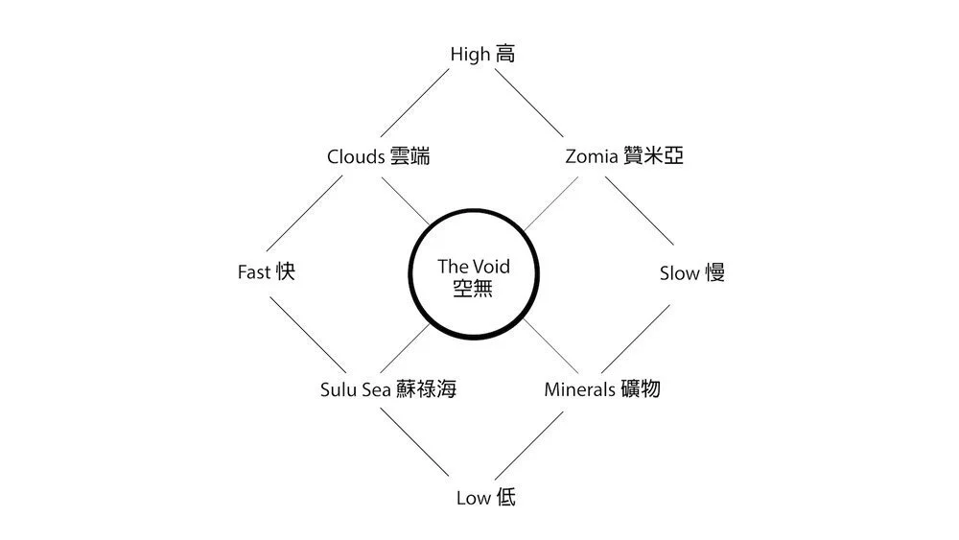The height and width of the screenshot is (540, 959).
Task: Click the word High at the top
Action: coord(470,55)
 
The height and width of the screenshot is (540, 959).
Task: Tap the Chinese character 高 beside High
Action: coord(505,55)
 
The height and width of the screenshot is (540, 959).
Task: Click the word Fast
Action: coord(253,272)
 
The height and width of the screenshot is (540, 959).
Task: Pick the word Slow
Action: coord(679,273)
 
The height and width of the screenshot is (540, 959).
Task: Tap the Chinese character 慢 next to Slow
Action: coord(714,273)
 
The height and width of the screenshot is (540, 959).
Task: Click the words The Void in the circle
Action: coord(474,266)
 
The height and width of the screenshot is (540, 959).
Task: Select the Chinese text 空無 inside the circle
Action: coord(474,288)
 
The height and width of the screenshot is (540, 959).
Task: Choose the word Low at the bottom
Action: coord(474,498)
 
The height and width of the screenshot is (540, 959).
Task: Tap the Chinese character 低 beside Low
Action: coord(505,498)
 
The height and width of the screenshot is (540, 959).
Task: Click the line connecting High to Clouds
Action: coord(414,104)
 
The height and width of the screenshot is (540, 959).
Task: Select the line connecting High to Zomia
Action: coord(529,104)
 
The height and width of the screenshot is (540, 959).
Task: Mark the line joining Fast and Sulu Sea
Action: coord(305,333)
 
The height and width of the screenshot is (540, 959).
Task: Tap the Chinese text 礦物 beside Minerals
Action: coord(640,389)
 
